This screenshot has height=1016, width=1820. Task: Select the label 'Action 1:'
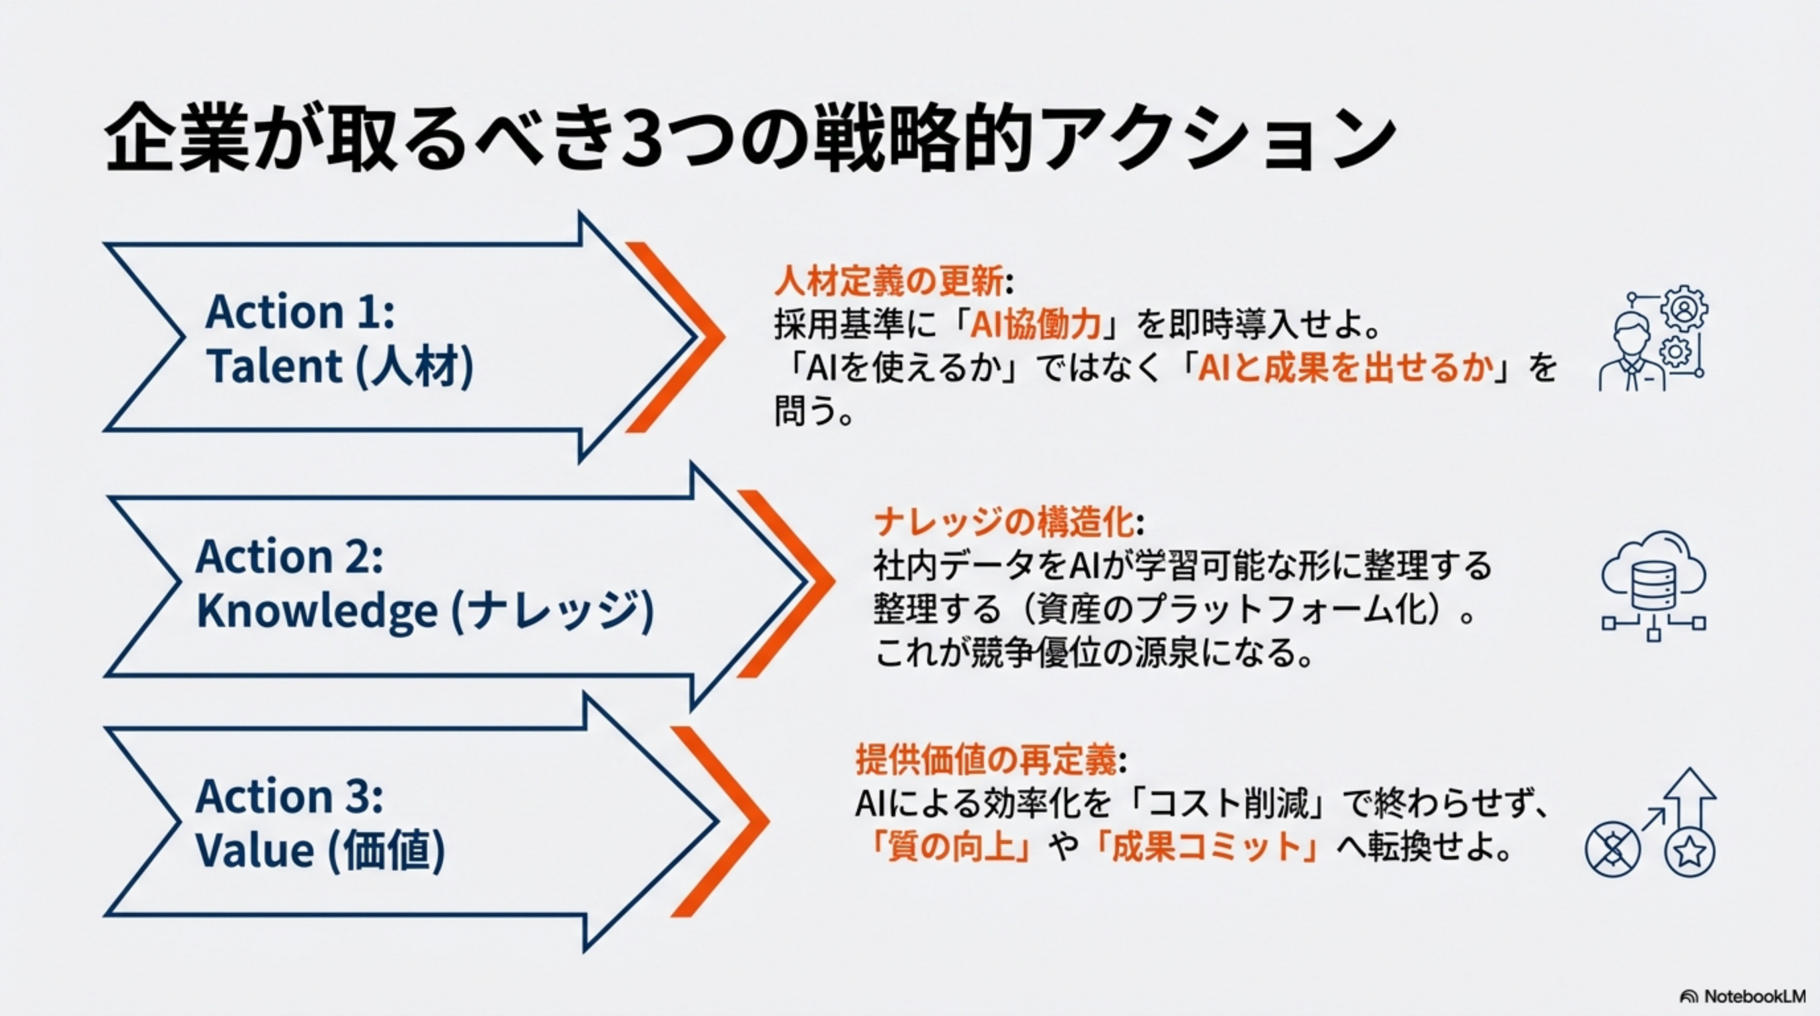300,312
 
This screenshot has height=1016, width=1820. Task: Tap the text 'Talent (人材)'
340,366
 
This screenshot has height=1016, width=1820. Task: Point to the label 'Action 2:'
290,557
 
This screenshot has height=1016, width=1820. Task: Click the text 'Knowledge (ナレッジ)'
425,611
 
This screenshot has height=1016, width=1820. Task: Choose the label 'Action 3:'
290,796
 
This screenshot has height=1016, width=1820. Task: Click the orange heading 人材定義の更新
889,281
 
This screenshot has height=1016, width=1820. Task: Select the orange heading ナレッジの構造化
1004,522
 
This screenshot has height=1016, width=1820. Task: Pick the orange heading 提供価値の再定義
986,760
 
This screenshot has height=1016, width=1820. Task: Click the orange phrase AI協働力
1035,325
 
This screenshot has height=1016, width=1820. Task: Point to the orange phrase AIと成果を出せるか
1346,368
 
